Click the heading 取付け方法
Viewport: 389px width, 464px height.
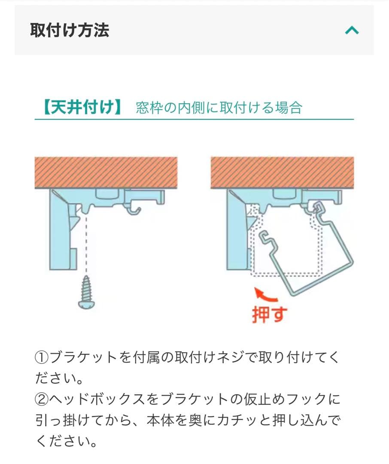click(x=70, y=31)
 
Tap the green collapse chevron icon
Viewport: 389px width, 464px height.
click(x=352, y=30)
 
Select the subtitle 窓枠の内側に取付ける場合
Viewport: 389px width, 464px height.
click(x=219, y=107)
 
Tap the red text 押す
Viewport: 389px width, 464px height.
click(x=269, y=314)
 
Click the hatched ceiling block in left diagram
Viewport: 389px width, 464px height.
click(x=106, y=172)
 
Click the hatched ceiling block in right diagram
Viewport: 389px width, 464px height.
click(x=282, y=172)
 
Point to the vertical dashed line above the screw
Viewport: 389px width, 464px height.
click(x=87, y=245)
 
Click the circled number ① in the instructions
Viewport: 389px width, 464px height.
click(x=42, y=357)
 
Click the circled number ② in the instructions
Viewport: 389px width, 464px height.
click(x=42, y=400)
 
